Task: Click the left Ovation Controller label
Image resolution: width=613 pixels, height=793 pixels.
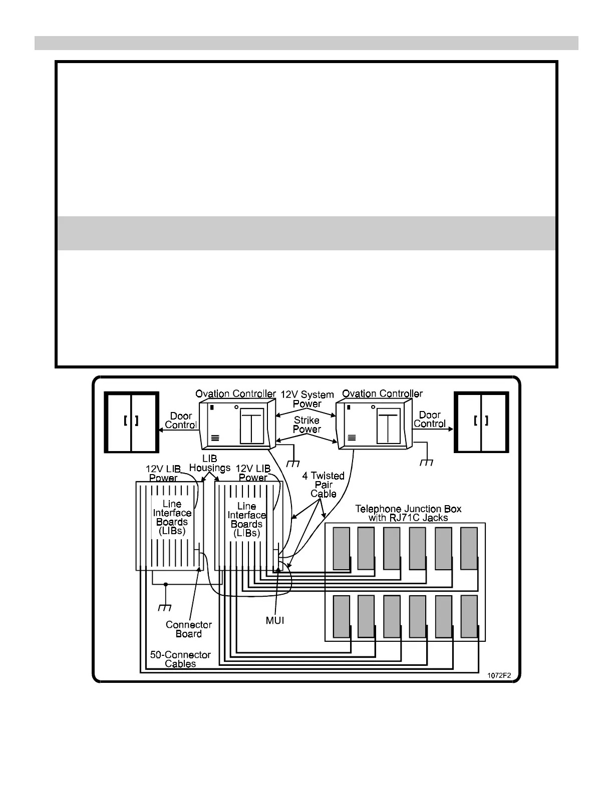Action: [x=235, y=393]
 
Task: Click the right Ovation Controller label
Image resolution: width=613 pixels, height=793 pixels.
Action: [x=382, y=393]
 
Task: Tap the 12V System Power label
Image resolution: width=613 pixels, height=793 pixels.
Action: [x=307, y=399]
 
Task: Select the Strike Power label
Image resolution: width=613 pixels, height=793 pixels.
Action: [x=306, y=425]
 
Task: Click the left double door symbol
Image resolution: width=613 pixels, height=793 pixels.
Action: [x=131, y=422]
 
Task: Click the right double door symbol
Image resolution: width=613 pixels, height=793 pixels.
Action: [x=481, y=422]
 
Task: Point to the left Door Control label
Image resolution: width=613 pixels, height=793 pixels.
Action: [x=181, y=421]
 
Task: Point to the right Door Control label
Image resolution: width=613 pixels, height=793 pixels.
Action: [x=430, y=419]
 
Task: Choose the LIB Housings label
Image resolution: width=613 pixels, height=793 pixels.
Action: [x=209, y=463]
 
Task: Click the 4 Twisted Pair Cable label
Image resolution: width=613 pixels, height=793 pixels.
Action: [x=323, y=485]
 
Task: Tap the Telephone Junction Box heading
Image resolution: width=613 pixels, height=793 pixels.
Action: [x=408, y=513]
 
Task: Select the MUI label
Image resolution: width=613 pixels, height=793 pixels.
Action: [x=275, y=620]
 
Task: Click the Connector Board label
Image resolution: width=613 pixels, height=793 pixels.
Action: [x=189, y=629]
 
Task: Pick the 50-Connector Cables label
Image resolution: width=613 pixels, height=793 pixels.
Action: [x=180, y=659]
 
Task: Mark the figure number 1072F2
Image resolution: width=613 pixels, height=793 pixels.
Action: [x=499, y=675]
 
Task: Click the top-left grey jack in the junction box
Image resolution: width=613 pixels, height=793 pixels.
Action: [x=342, y=548]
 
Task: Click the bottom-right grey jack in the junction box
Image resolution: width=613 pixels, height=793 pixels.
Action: [x=469, y=616]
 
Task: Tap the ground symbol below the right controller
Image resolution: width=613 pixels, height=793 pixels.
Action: [x=426, y=462]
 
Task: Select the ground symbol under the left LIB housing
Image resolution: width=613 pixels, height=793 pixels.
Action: [x=165, y=607]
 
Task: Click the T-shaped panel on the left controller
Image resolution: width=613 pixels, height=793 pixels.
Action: [x=252, y=426]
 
